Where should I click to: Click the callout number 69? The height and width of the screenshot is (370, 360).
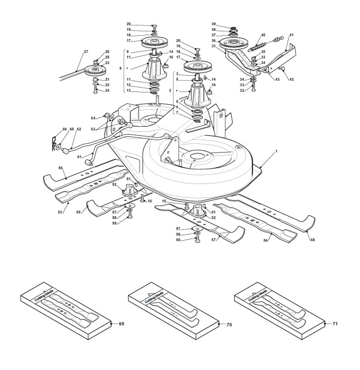pyautogui.click(x=121, y=323)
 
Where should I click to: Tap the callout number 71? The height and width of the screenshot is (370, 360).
pyautogui.click(x=335, y=323)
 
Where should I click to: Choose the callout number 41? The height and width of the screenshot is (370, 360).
pyautogui.click(x=292, y=35)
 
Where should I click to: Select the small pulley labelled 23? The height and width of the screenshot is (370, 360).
pyautogui.click(x=97, y=70)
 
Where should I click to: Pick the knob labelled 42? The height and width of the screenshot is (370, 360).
pyautogui.click(x=282, y=69)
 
